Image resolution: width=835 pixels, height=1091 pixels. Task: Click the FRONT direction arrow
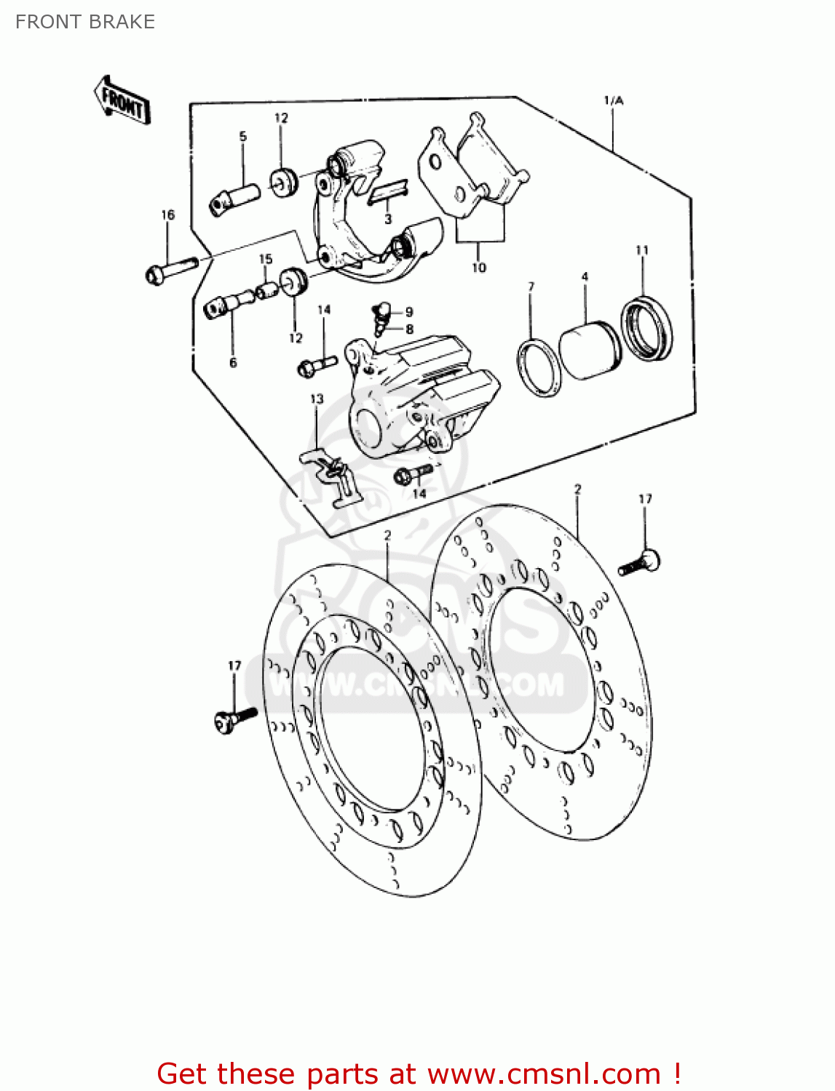[122, 100]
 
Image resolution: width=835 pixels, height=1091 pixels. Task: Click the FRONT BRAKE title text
[85, 22]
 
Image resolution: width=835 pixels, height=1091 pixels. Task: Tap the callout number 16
[167, 215]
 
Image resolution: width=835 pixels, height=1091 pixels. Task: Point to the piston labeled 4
[589, 349]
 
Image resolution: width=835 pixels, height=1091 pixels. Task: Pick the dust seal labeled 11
[646, 329]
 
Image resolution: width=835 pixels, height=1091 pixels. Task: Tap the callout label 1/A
[613, 100]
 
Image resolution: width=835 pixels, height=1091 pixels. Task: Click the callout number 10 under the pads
[478, 268]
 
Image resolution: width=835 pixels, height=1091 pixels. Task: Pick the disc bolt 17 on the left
[236, 718]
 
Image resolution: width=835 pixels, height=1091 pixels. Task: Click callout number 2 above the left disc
[387, 535]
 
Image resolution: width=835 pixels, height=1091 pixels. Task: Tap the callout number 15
[266, 259]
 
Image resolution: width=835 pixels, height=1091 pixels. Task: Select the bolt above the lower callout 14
[413, 474]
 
